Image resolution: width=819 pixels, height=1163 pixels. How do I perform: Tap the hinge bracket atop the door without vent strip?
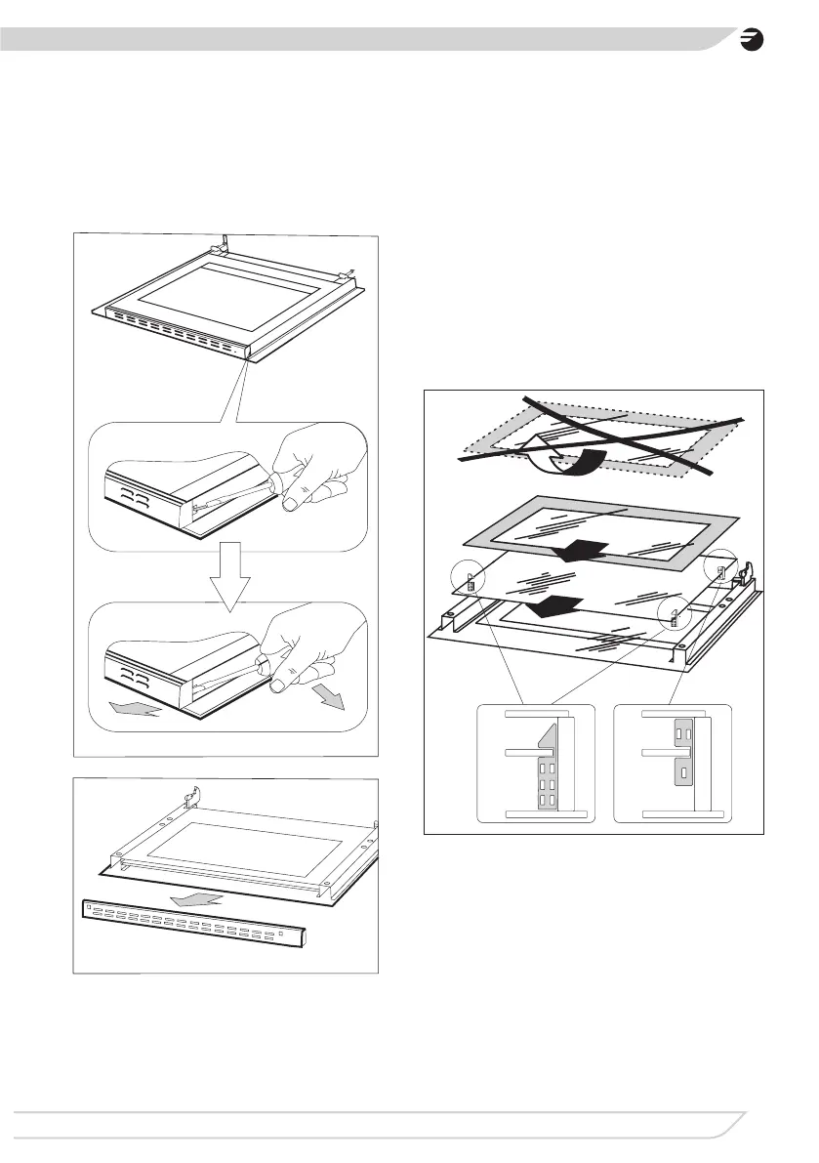tap(192, 796)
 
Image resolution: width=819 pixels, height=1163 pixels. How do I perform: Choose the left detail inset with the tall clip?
tap(535, 765)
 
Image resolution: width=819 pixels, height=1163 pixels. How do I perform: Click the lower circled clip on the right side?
tap(675, 615)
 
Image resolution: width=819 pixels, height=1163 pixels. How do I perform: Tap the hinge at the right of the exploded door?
tap(749, 577)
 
